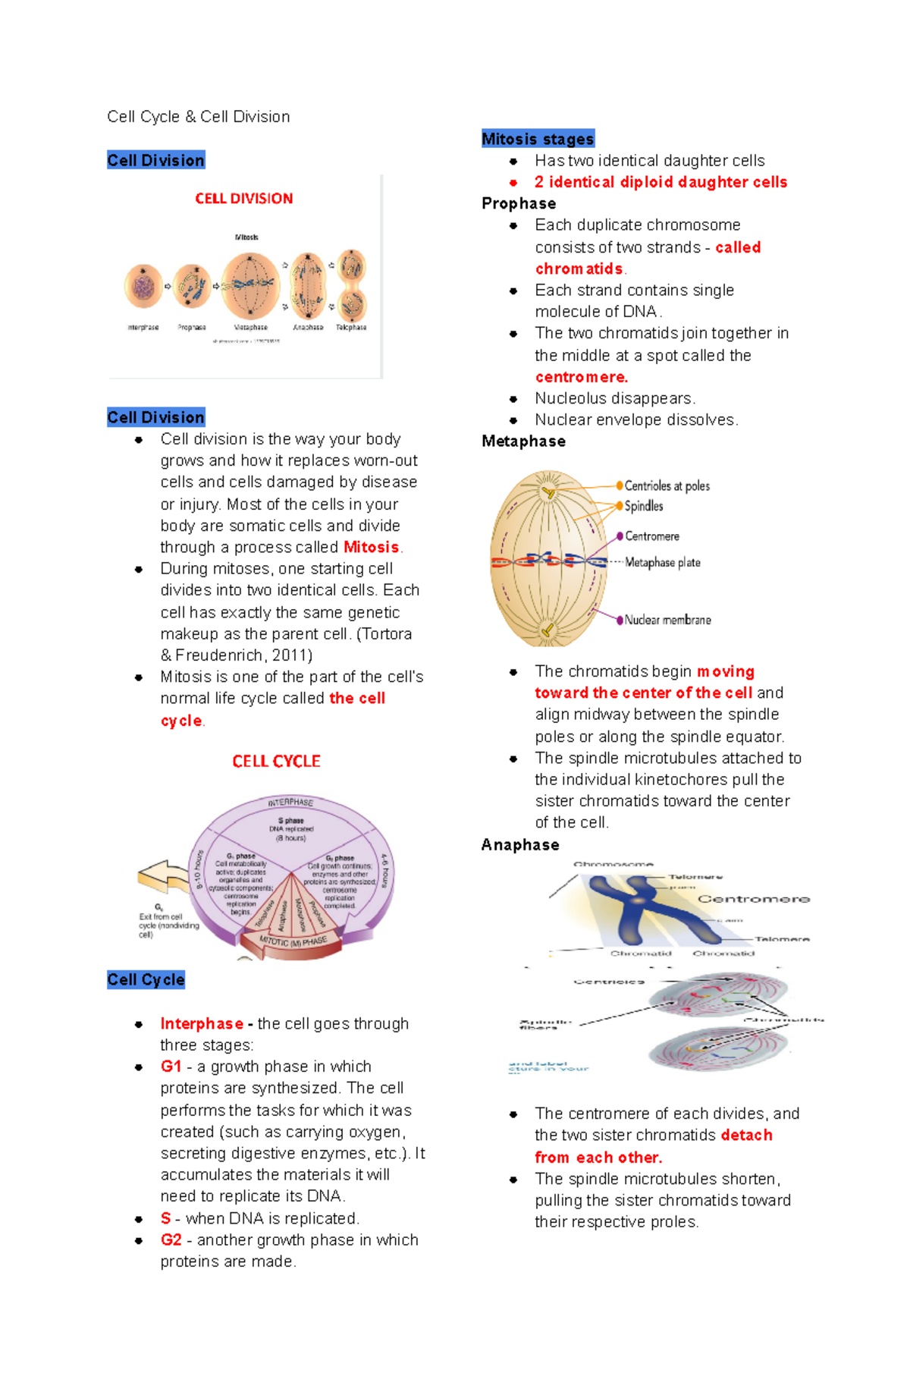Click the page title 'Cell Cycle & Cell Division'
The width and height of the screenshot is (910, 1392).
[198, 117]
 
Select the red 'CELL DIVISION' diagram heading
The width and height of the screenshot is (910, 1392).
[243, 199]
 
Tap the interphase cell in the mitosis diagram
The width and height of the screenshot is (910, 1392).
[143, 287]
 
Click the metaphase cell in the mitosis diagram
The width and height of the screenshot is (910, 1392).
[250, 285]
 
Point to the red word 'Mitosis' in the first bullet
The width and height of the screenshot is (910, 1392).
[371, 547]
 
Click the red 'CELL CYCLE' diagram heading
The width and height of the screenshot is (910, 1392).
[276, 761]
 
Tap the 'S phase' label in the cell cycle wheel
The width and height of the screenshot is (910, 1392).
[290, 821]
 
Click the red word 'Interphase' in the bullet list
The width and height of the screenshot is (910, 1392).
[202, 1023]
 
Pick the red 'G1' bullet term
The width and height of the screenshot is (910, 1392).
[171, 1067]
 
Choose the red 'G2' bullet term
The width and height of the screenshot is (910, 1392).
[171, 1240]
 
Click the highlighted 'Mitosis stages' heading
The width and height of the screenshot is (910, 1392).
[538, 139]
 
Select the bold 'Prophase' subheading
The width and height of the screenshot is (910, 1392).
[519, 203]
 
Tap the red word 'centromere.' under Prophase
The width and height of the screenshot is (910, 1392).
[581, 377]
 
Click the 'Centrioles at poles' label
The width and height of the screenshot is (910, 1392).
[667, 485]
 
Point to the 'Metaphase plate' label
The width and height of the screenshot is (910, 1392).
[662, 562]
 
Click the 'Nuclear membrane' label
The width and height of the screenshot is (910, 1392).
[667, 620]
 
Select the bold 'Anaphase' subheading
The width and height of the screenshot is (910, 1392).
[520, 845]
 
